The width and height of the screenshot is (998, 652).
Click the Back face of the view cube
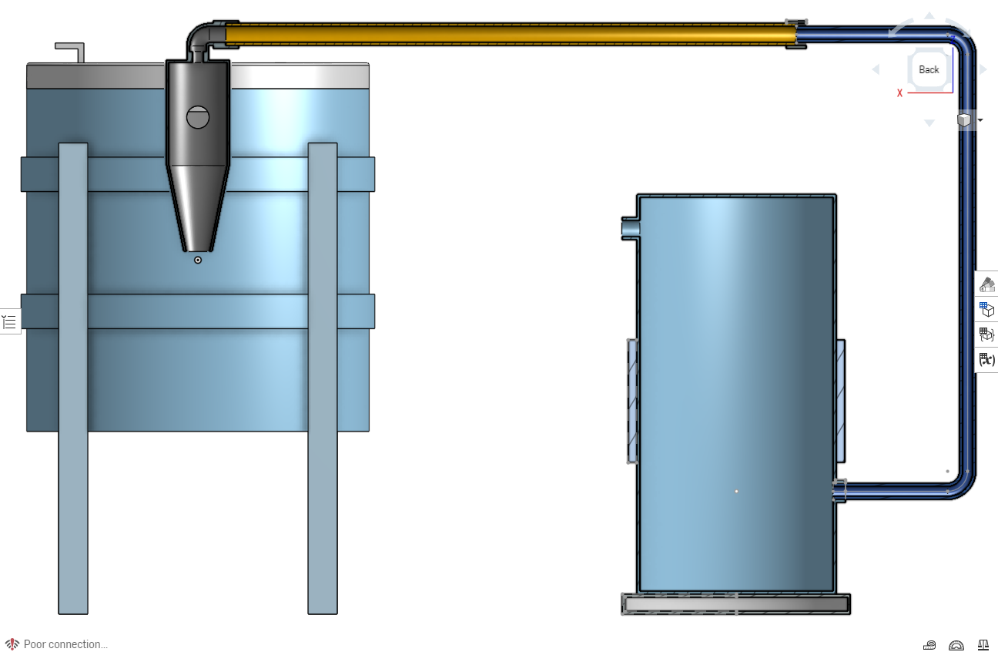click(929, 69)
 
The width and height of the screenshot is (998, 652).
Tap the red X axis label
click(899, 93)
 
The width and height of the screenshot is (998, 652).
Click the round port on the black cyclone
click(198, 117)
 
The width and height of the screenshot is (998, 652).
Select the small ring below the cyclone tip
click(198, 260)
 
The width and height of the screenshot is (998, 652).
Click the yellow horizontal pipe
click(511, 35)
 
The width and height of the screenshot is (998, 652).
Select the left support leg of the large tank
click(73, 378)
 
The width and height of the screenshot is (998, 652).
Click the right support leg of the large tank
click(323, 378)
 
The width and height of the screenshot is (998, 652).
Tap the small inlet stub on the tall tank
click(631, 229)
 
